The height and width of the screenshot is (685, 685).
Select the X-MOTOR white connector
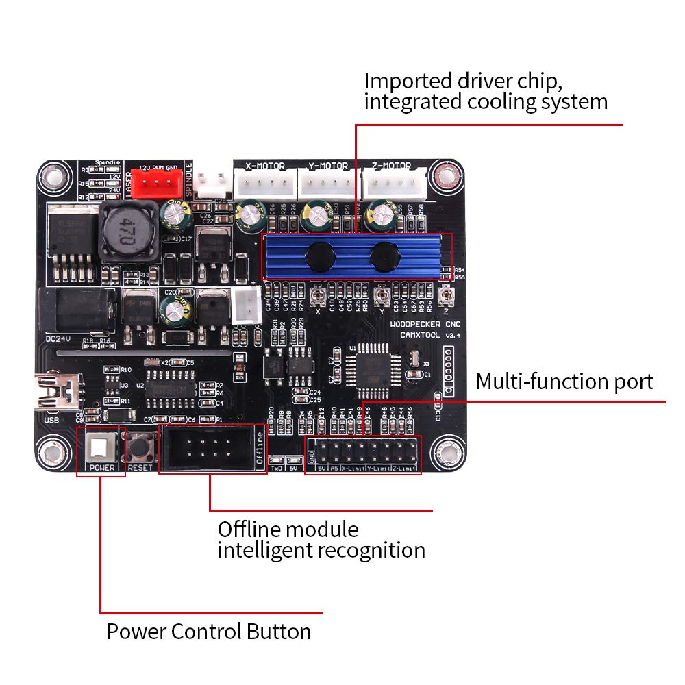pyautogui.click(x=265, y=183)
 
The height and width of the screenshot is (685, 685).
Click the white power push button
pyautogui.click(x=100, y=448)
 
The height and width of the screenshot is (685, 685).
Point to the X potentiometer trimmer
pyautogui.click(x=318, y=296)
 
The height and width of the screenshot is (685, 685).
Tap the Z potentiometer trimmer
pyautogui.click(x=446, y=296)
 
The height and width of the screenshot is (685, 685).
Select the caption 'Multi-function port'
pyautogui.click(x=564, y=382)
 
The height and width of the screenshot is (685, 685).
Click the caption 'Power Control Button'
pyautogui.click(x=208, y=631)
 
